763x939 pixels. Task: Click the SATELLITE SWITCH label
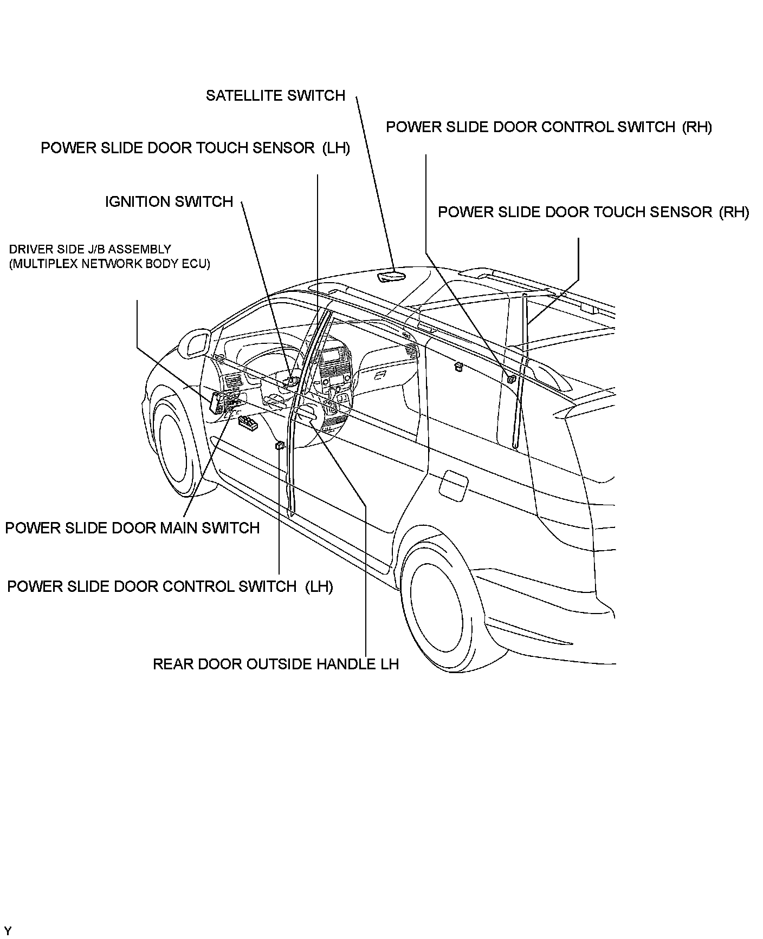[x=275, y=96]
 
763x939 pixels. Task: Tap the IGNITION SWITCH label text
[x=169, y=202]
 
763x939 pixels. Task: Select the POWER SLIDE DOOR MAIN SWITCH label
[x=132, y=528]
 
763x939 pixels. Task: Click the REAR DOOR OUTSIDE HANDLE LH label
[x=275, y=664]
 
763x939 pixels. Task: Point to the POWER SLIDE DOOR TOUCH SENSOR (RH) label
[x=593, y=212]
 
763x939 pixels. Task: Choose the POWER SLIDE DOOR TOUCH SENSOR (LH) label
[x=195, y=148]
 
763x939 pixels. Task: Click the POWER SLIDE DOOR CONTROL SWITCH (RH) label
[x=548, y=127]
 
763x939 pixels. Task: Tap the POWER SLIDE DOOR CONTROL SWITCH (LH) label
[x=170, y=586]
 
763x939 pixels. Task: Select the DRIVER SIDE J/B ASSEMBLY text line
[x=90, y=250]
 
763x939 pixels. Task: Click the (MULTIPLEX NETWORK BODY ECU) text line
[x=109, y=264]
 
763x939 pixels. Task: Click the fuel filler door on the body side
[x=453, y=482]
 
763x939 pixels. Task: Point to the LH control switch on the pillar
[x=280, y=446]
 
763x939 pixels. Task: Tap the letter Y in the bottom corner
[x=8, y=930]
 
